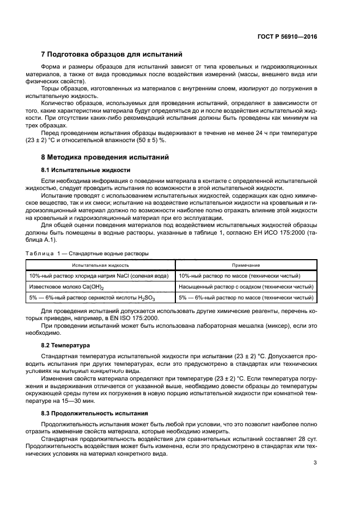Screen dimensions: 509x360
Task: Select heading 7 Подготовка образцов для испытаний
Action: point(112,54)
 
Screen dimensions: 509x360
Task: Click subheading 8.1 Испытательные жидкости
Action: point(86,169)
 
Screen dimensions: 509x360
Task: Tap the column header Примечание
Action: point(246,265)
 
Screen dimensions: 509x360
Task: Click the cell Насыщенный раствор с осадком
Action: point(247,287)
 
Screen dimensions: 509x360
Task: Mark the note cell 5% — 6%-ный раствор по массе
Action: point(247,298)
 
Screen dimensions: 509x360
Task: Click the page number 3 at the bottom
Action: point(314,463)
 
